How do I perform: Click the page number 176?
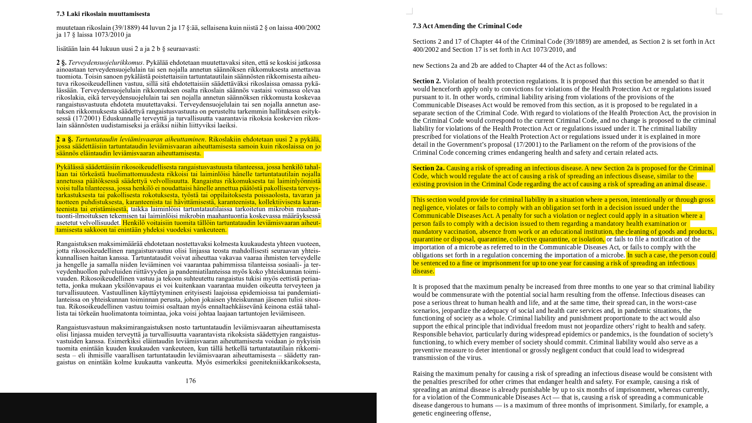[190, 381]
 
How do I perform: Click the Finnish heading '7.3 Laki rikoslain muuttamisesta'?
[103, 14]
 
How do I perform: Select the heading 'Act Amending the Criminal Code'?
[472, 26]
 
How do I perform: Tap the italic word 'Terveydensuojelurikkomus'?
[105, 63]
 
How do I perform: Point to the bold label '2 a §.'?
[65, 140]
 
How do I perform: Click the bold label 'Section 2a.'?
[428, 168]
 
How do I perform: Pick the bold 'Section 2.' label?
[427, 81]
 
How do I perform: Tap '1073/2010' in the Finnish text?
[108, 35]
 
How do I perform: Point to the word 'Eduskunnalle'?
[122, 119]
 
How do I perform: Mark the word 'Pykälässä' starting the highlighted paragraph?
[70, 167]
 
